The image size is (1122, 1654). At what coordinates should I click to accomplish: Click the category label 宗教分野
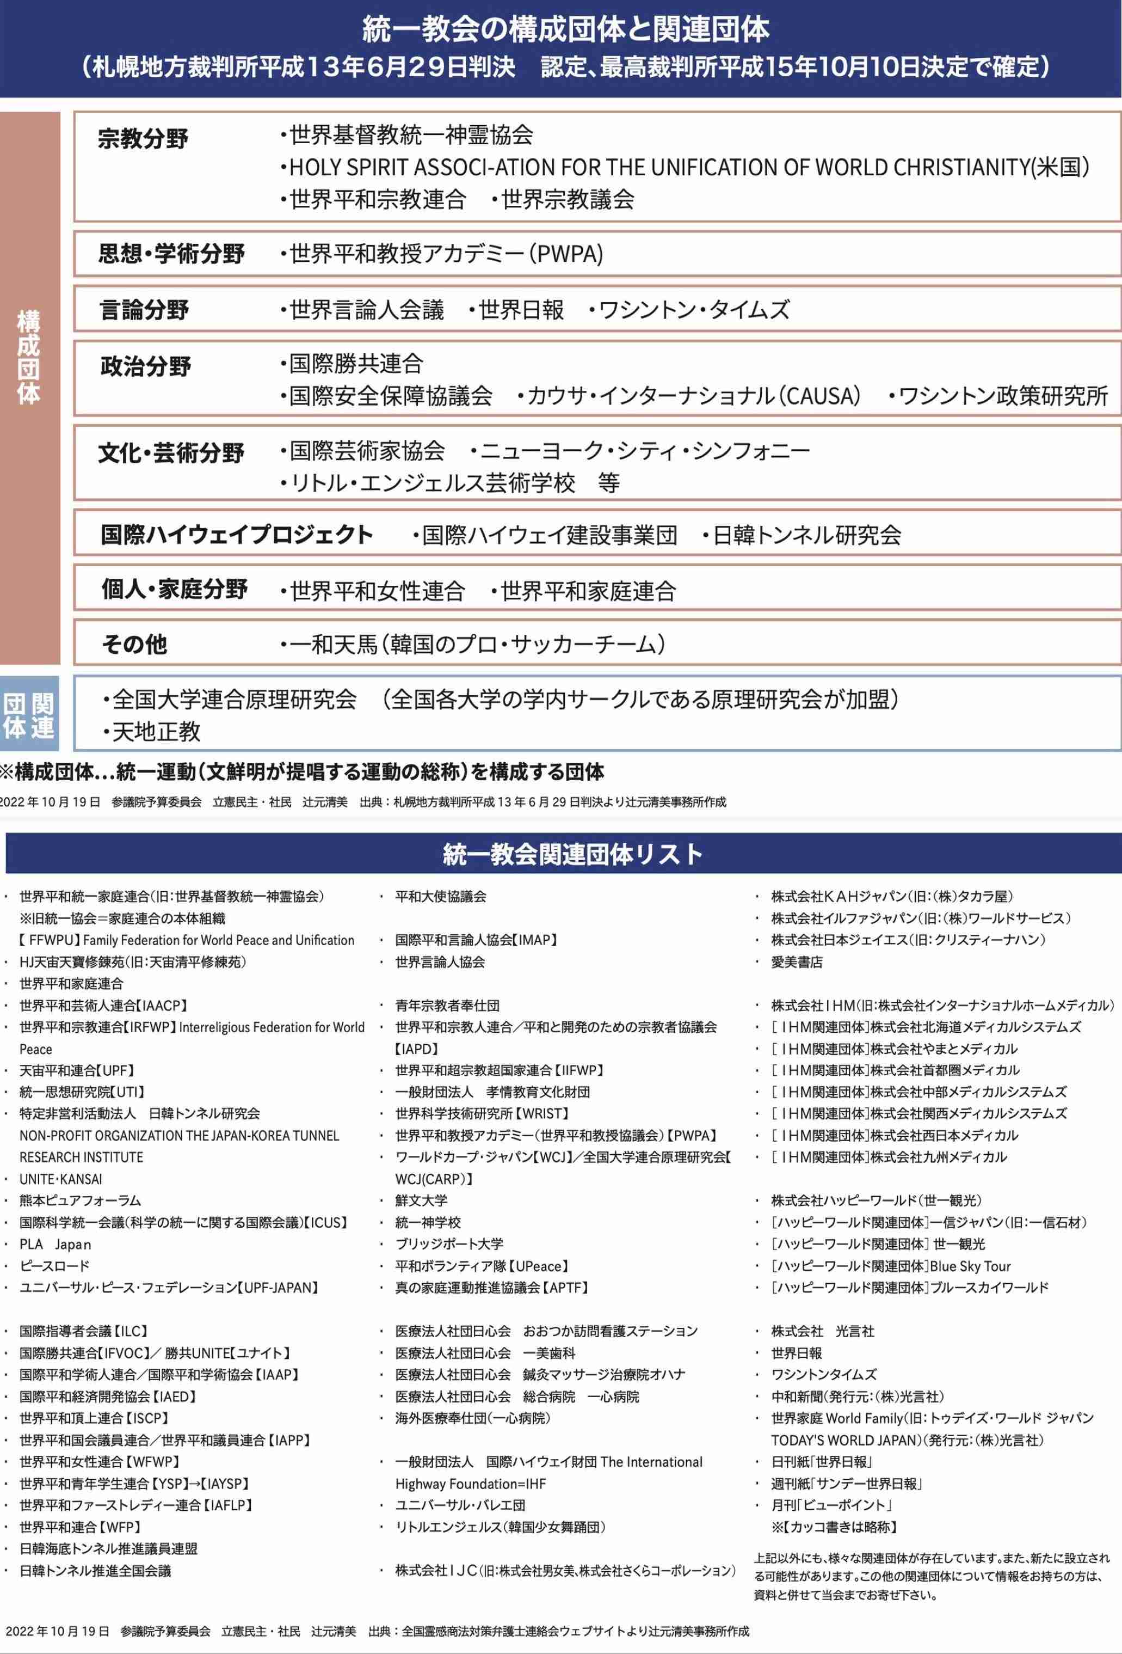point(143,138)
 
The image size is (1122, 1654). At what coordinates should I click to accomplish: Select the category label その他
point(134,644)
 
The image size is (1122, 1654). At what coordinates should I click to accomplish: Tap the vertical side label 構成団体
point(29,357)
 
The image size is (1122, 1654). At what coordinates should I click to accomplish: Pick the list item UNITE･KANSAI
point(60,1179)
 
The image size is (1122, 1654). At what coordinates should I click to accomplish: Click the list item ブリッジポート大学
point(449,1243)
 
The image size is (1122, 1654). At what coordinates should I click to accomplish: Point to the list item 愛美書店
point(796,961)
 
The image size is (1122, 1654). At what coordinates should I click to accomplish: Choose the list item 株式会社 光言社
point(823,1331)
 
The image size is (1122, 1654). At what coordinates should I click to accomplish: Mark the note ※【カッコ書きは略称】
point(834,1527)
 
